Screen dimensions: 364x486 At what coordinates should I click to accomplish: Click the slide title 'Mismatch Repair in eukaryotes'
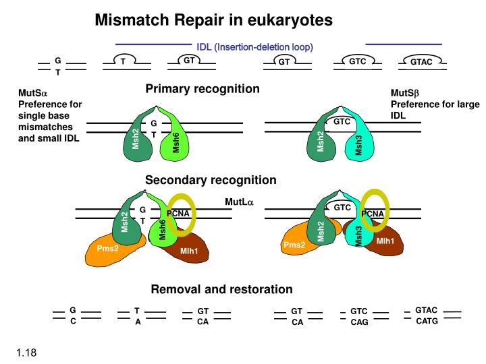point(213,20)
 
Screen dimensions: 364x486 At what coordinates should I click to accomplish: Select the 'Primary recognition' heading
point(202,89)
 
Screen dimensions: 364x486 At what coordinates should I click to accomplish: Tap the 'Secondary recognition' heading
point(211,180)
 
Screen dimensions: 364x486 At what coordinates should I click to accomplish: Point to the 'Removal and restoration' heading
point(221,289)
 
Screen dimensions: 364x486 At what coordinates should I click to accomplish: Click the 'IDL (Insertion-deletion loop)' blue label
point(255,47)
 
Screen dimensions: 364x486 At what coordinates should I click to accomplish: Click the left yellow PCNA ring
point(181,214)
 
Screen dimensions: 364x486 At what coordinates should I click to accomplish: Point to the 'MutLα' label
point(239,202)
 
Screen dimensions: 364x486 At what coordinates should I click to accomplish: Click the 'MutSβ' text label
point(405,93)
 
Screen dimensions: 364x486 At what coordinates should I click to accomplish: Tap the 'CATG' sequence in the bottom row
point(427,321)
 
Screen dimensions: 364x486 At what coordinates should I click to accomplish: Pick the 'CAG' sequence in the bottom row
point(359,322)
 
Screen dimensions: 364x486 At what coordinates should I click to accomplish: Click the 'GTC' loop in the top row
point(357,61)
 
